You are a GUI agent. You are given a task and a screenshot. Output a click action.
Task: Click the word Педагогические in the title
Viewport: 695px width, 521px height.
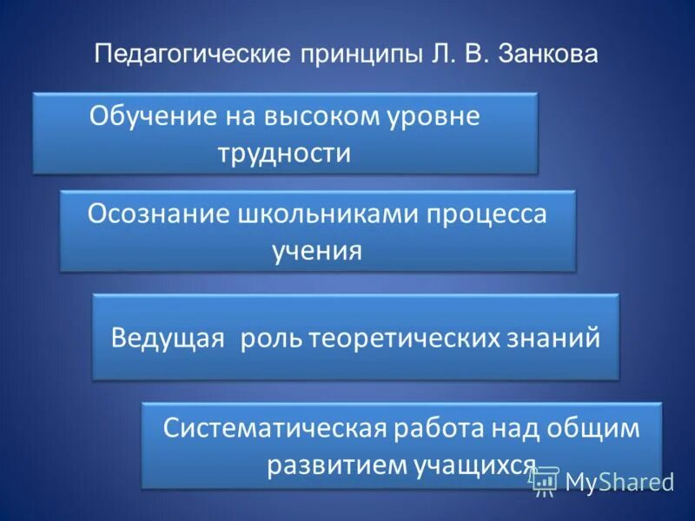(x=191, y=54)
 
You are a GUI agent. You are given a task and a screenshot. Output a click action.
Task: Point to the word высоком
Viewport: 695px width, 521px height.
(x=309, y=116)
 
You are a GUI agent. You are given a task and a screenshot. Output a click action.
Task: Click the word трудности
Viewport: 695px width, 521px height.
(x=285, y=154)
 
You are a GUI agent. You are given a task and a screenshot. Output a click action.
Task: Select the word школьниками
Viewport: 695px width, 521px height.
(x=327, y=214)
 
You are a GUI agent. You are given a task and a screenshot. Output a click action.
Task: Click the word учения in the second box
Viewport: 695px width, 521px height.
(x=316, y=252)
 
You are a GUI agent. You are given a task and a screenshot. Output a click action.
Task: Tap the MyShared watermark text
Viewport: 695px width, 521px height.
(x=620, y=480)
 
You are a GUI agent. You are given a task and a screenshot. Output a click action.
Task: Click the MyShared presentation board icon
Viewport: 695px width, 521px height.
(x=546, y=480)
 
